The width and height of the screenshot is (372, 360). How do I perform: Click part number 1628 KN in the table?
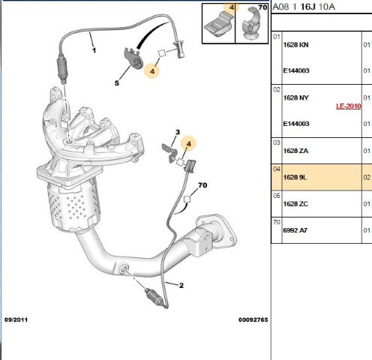pyautogui.click(x=295, y=45)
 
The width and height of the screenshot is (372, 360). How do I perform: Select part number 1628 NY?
pyautogui.click(x=295, y=97)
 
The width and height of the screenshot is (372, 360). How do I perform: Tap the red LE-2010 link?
pyautogui.click(x=349, y=106)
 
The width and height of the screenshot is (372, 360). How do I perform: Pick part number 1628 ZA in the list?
pyautogui.click(x=295, y=151)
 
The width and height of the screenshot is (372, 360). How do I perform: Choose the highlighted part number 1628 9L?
pyautogui.click(x=295, y=178)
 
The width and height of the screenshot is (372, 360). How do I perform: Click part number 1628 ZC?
pyautogui.click(x=295, y=204)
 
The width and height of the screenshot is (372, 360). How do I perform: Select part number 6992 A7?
pyautogui.click(x=295, y=230)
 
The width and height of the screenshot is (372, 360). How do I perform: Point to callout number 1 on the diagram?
pyautogui.click(x=94, y=50)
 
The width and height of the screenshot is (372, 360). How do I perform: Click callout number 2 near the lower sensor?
pyautogui.click(x=181, y=285)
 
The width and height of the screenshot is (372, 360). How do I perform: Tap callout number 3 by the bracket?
pyautogui.click(x=178, y=132)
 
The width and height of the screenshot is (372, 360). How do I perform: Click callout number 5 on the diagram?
pyautogui.click(x=117, y=83)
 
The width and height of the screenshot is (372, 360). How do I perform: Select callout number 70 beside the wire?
pyautogui.click(x=202, y=185)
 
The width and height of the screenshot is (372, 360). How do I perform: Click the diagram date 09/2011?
pyautogui.click(x=16, y=319)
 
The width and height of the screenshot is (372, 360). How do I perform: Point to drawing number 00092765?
pyautogui.click(x=253, y=319)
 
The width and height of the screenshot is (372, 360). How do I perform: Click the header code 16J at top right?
pyautogui.click(x=307, y=7)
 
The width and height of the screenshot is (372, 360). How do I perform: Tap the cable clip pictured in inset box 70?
pyautogui.click(x=250, y=25)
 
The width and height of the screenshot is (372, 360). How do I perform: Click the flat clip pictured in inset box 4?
pyautogui.click(x=218, y=25)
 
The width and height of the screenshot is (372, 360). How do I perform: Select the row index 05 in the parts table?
pyautogui.click(x=277, y=196)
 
